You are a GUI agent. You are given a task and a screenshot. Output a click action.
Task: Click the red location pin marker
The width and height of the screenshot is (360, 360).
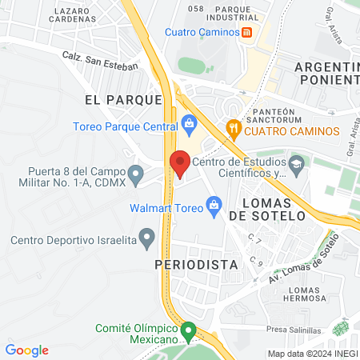tap(180, 164)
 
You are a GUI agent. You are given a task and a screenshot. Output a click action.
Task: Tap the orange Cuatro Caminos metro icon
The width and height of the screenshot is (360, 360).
tap(248, 32)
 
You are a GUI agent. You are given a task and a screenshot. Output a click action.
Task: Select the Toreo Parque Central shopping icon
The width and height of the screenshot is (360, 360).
tap(189, 123)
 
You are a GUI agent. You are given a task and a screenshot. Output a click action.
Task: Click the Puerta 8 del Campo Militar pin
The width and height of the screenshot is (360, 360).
tap(136, 174)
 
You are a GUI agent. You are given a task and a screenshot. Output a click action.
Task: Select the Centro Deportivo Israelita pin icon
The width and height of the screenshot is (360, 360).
tap(146, 237)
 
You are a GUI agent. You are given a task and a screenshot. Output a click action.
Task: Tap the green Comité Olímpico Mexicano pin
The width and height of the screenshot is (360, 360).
tap(189, 330)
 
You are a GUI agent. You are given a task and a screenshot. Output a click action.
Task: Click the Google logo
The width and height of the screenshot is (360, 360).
tap(27, 350)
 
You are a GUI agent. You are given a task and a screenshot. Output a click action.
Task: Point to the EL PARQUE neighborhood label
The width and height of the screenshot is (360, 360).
tap(123, 100)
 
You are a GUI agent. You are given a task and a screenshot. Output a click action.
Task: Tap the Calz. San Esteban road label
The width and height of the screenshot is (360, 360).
tap(101, 61)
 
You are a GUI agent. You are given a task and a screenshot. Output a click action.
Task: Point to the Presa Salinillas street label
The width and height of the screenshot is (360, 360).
tap(295, 330)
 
